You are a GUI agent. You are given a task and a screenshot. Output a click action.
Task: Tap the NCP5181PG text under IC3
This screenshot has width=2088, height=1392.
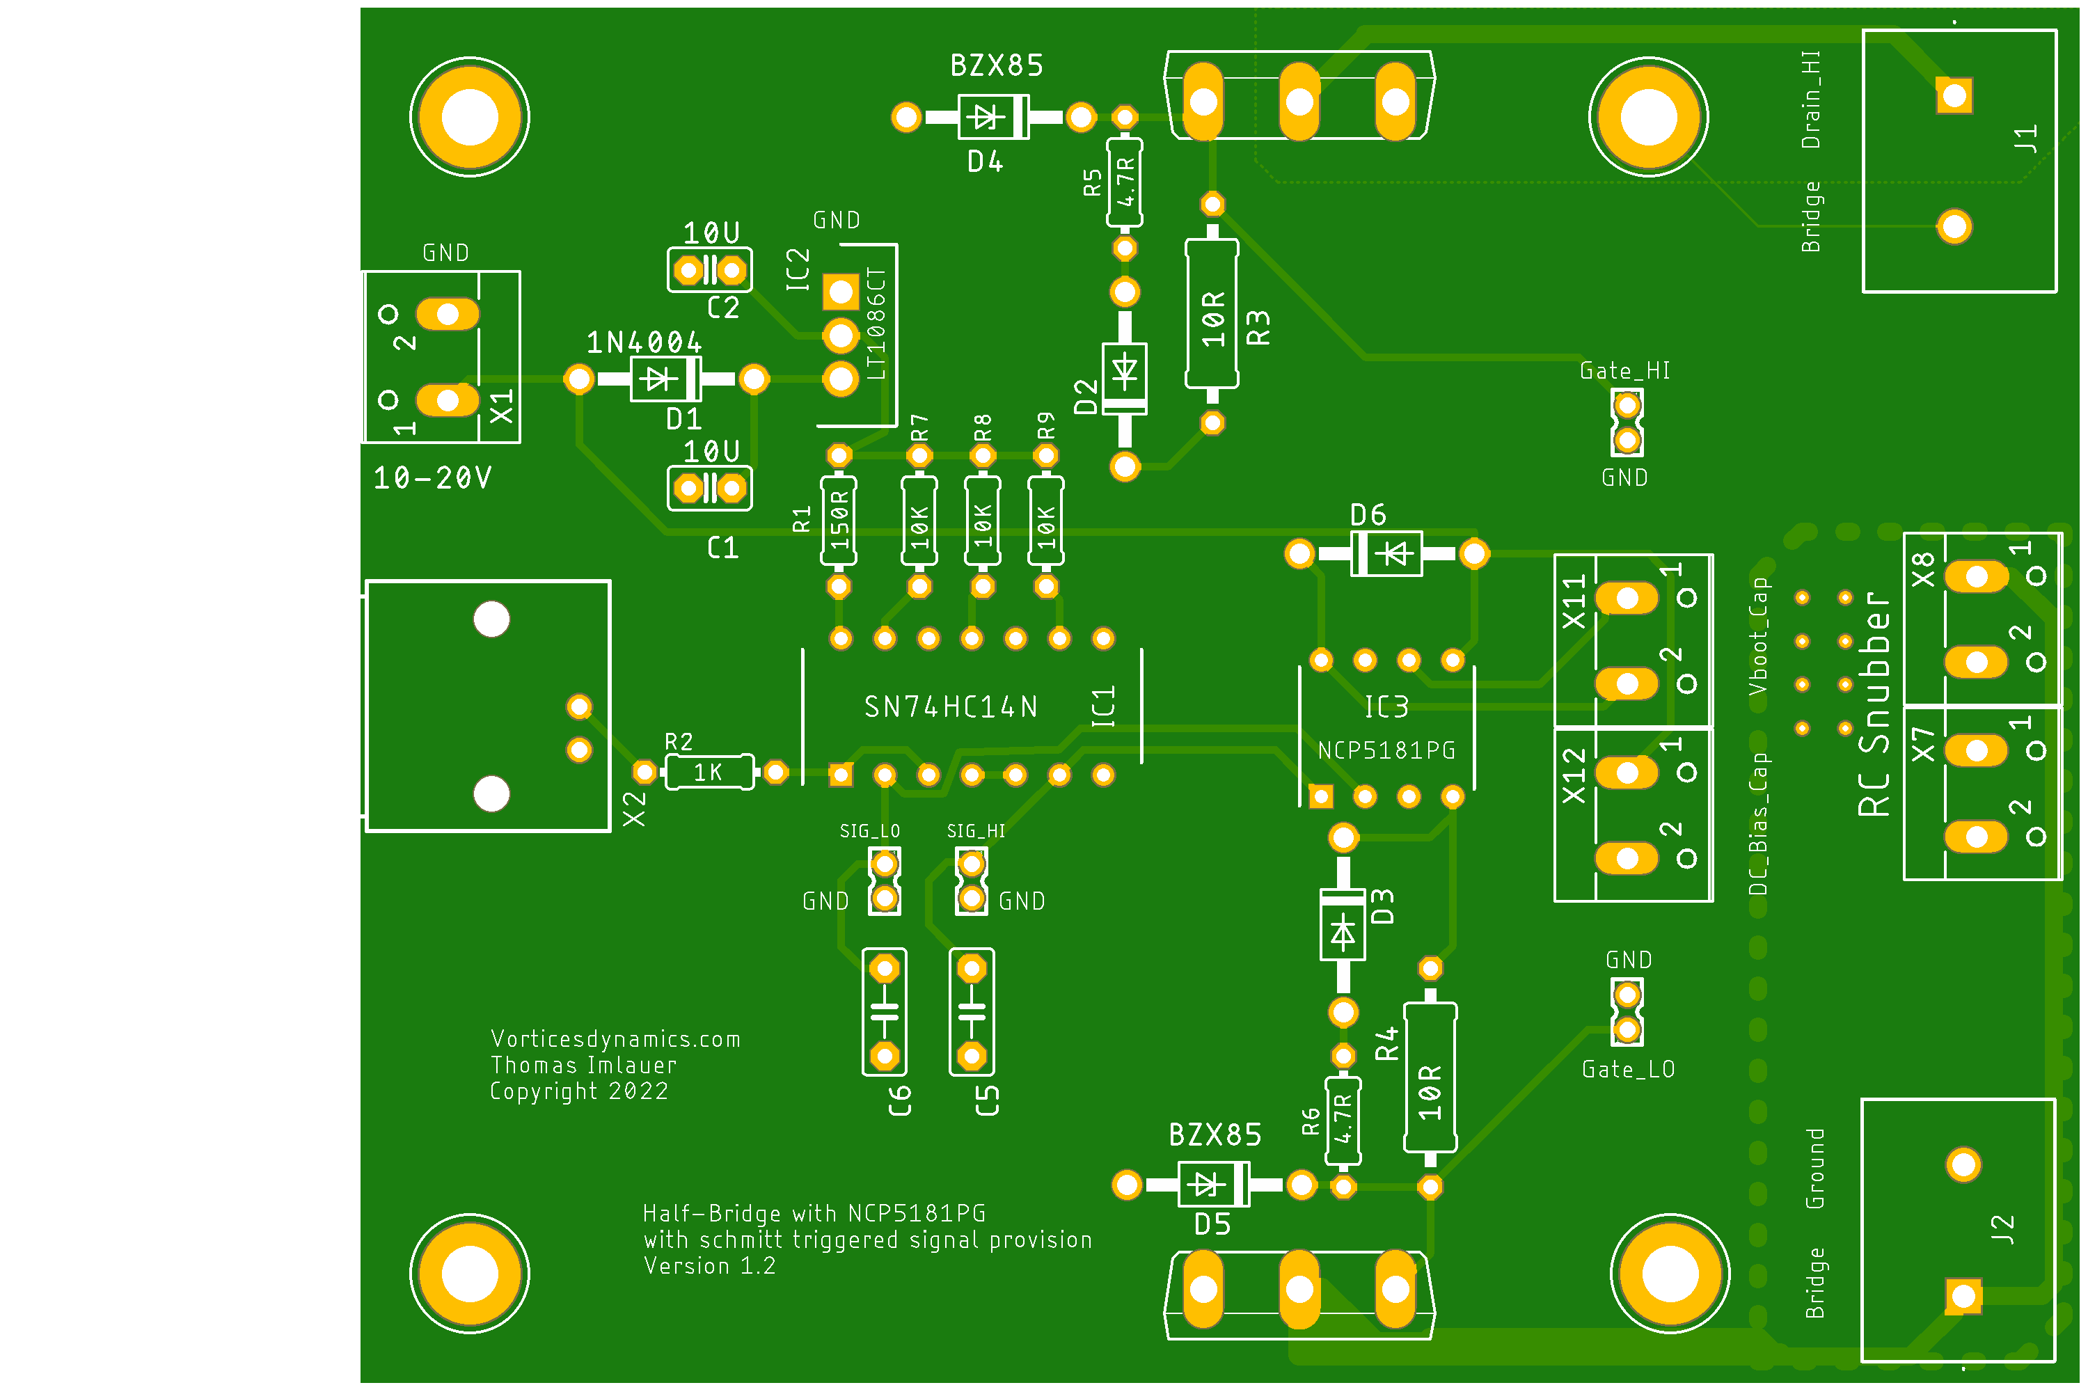click(x=1386, y=751)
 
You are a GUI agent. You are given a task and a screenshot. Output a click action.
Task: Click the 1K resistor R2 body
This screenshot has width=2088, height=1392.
click(x=709, y=773)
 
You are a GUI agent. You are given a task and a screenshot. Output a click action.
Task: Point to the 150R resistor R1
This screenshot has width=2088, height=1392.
click(x=839, y=521)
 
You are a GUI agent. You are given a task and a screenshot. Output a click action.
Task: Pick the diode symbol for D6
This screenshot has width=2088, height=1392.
click(x=1386, y=554)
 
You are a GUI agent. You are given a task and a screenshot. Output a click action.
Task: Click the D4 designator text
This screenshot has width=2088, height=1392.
click(x=986, y=161)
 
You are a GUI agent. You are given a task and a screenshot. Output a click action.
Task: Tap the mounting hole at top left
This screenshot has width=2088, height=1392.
click(x=470, y=117)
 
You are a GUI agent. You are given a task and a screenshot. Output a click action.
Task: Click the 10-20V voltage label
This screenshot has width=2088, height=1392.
click(x=432, y=479)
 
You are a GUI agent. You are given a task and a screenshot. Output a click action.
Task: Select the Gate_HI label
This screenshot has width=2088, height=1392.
click(x=1624, y=371)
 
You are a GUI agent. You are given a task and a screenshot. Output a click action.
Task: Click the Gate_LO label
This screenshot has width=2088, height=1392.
click(x=1628, y=1070)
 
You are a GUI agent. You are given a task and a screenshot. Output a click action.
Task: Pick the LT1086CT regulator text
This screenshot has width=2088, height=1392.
click(x=876, y=324)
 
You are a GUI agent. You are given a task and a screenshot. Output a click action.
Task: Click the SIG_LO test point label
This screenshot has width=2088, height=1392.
click(x=870, y=832)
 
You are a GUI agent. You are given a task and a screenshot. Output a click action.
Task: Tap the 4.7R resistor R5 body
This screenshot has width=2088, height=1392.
click(x=1125, y=182)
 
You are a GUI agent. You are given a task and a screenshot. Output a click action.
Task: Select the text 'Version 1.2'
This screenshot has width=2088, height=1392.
click(x=709, y=1267)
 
